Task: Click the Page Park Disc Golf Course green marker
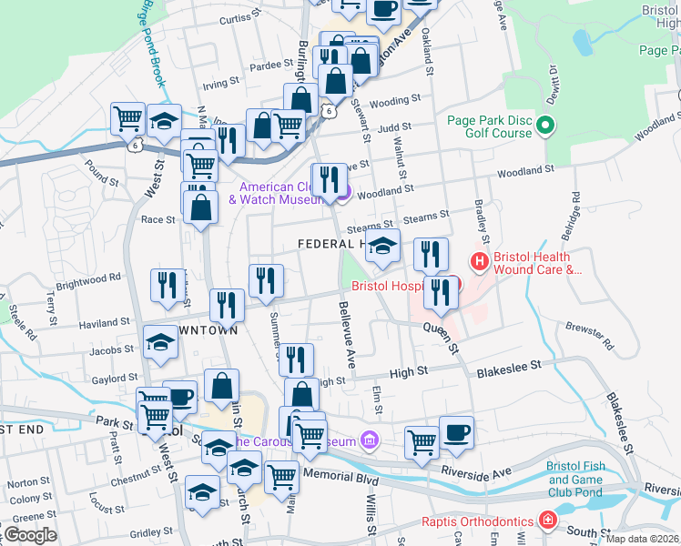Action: [546, 125]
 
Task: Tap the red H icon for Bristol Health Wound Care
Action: [480, 262]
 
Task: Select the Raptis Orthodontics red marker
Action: [546, 521]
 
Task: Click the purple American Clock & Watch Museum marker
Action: [342, 190]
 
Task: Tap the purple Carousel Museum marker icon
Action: [368, 441]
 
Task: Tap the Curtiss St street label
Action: [240, 17]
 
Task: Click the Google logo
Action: [30, 534]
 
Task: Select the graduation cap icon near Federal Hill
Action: [383, 245]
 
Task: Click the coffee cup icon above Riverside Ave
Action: [456, 431]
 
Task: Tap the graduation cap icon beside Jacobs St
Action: [160, 342]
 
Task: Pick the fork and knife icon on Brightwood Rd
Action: [167, 285]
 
